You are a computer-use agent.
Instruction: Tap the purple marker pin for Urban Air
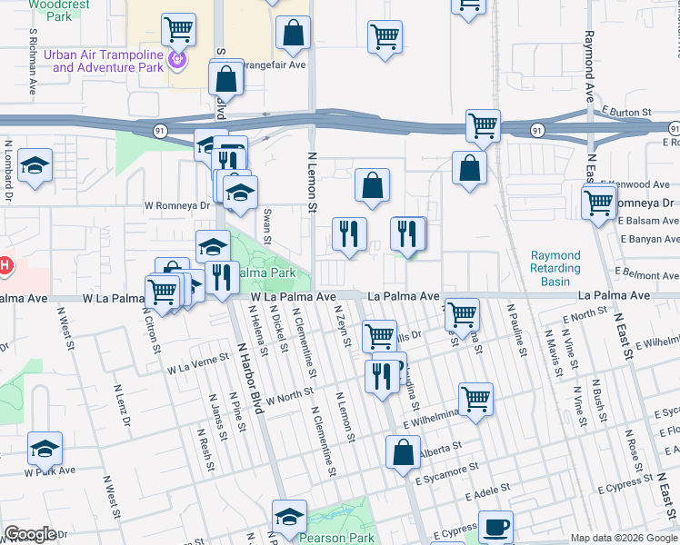click(177, 61)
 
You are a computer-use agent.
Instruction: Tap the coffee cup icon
click(495, 527)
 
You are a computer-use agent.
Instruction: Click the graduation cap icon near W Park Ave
click(45, 448)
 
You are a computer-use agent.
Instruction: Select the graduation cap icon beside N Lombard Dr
click(35, 165)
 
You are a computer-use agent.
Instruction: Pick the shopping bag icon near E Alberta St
click(403, 451)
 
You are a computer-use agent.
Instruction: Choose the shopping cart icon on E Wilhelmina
click(475, 398)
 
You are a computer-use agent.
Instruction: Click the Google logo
click(30, 534)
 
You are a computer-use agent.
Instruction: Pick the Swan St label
click(267, 226)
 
